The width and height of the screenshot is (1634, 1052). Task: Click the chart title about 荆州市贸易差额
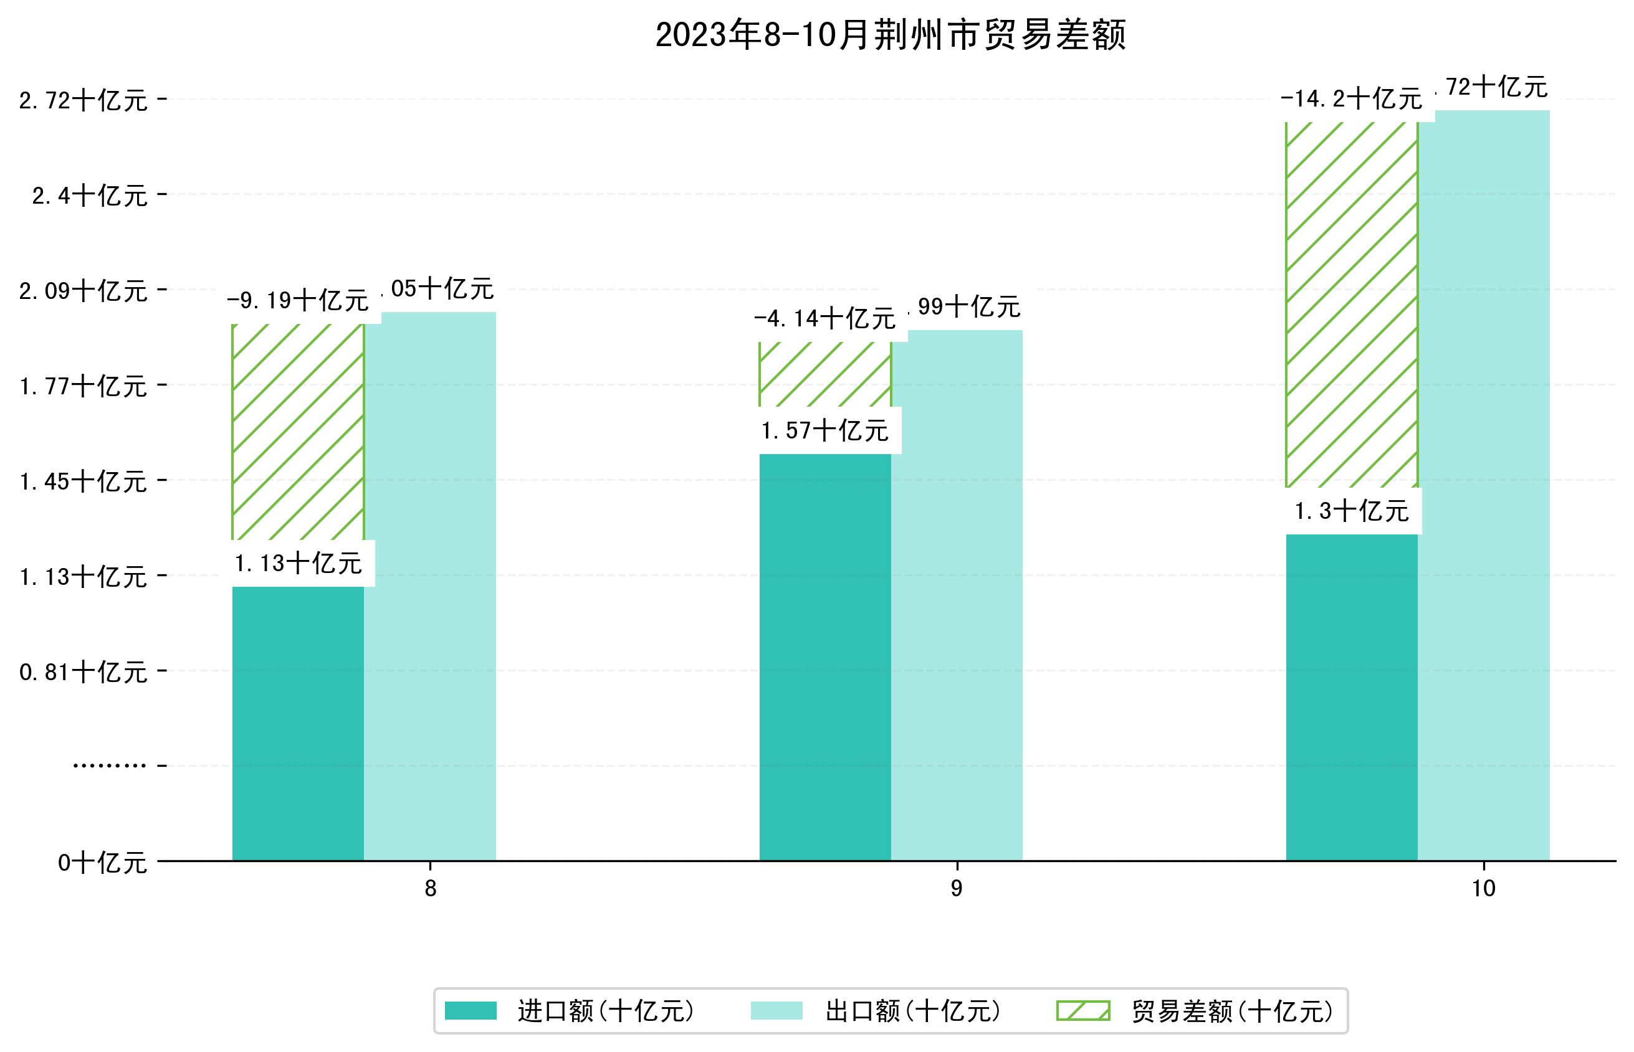890,35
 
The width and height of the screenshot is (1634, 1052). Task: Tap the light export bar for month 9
957,594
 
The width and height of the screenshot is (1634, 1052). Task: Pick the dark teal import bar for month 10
1351,697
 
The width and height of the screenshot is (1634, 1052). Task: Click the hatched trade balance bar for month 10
1351,304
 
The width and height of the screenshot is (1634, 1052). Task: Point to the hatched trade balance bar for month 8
298,432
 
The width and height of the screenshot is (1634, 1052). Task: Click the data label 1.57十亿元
825,431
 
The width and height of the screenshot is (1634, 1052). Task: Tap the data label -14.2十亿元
1351,99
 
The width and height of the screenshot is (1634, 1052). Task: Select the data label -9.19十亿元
298,301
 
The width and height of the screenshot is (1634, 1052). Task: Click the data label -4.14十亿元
825,319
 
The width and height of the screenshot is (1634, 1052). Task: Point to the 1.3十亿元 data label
1351,511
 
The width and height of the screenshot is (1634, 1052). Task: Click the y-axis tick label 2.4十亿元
90,196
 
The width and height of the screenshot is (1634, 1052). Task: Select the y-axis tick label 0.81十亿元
84,672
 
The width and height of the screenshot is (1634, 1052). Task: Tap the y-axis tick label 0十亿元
102,863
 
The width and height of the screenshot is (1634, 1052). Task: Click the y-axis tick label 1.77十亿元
84,387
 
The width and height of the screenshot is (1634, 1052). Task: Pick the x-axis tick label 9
956,888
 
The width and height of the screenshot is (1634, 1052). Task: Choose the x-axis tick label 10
1483,888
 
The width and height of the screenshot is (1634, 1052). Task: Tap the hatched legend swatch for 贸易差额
1083,1010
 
